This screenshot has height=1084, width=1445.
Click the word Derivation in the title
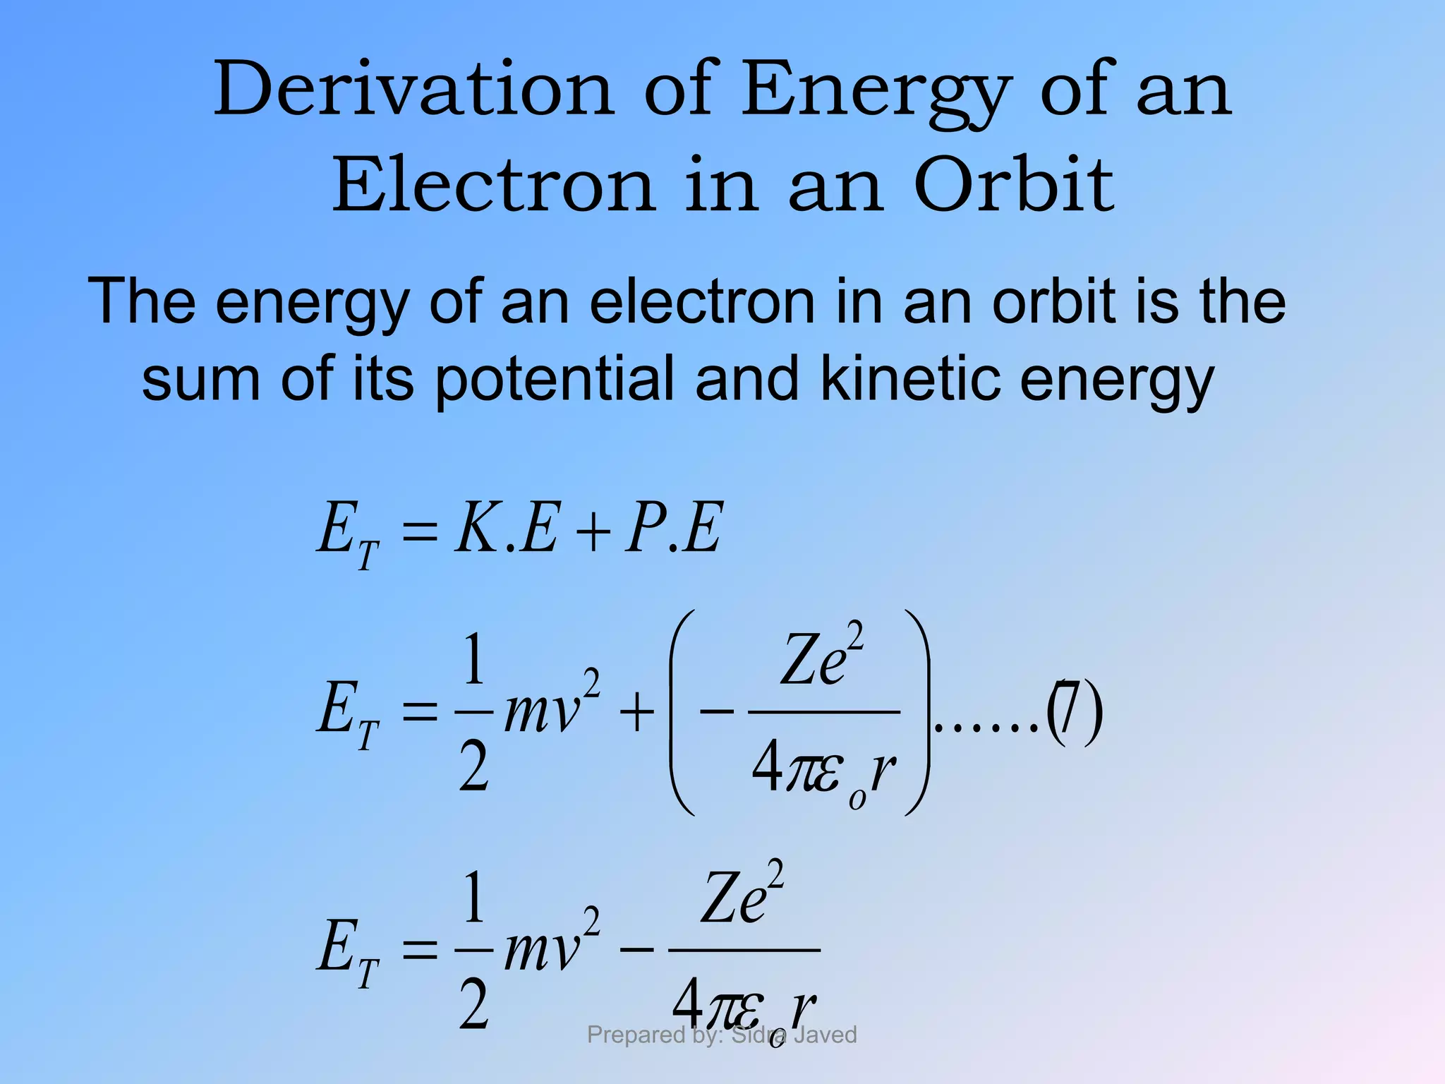[413, 90]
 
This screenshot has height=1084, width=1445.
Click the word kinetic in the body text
[911, 379]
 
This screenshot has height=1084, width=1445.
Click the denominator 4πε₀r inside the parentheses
[823, 773]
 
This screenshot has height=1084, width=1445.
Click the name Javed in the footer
[825, 1035]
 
